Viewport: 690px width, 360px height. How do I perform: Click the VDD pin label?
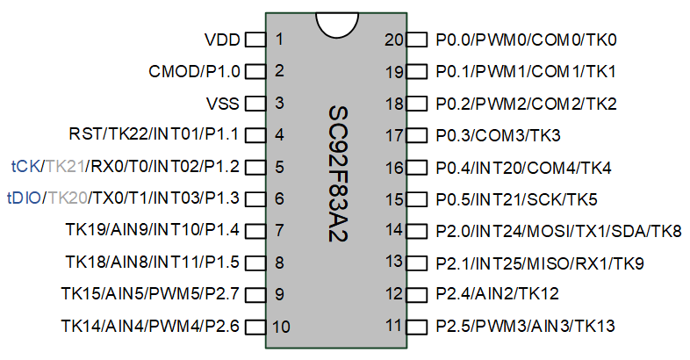[x=222, y=40]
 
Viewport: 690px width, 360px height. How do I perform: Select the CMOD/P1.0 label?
[x=194, y=71]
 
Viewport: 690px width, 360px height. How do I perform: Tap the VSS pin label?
[x=223, y=104]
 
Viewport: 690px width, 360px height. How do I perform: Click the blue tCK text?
[x=25, y=167]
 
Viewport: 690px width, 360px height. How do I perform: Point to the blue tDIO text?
[x=25, y=198]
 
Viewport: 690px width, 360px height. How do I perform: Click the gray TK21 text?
[x=65, y=167]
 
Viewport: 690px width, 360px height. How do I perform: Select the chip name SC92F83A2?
[x=338, y=173]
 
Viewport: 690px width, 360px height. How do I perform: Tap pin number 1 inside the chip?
[x=279, y=40]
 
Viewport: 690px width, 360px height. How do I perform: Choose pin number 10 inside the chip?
[x=281, y=327]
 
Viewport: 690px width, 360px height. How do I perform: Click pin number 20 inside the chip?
[x=394, y=40]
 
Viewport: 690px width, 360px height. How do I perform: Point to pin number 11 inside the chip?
[x=394, y=326]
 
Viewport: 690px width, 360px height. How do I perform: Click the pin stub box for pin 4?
[x=255, y=135]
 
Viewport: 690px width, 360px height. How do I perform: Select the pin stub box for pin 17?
[x=417, y=135]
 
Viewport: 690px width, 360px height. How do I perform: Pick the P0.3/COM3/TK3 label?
[x=498, y=135]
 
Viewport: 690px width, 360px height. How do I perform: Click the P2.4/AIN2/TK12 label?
[x=497, y=293]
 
